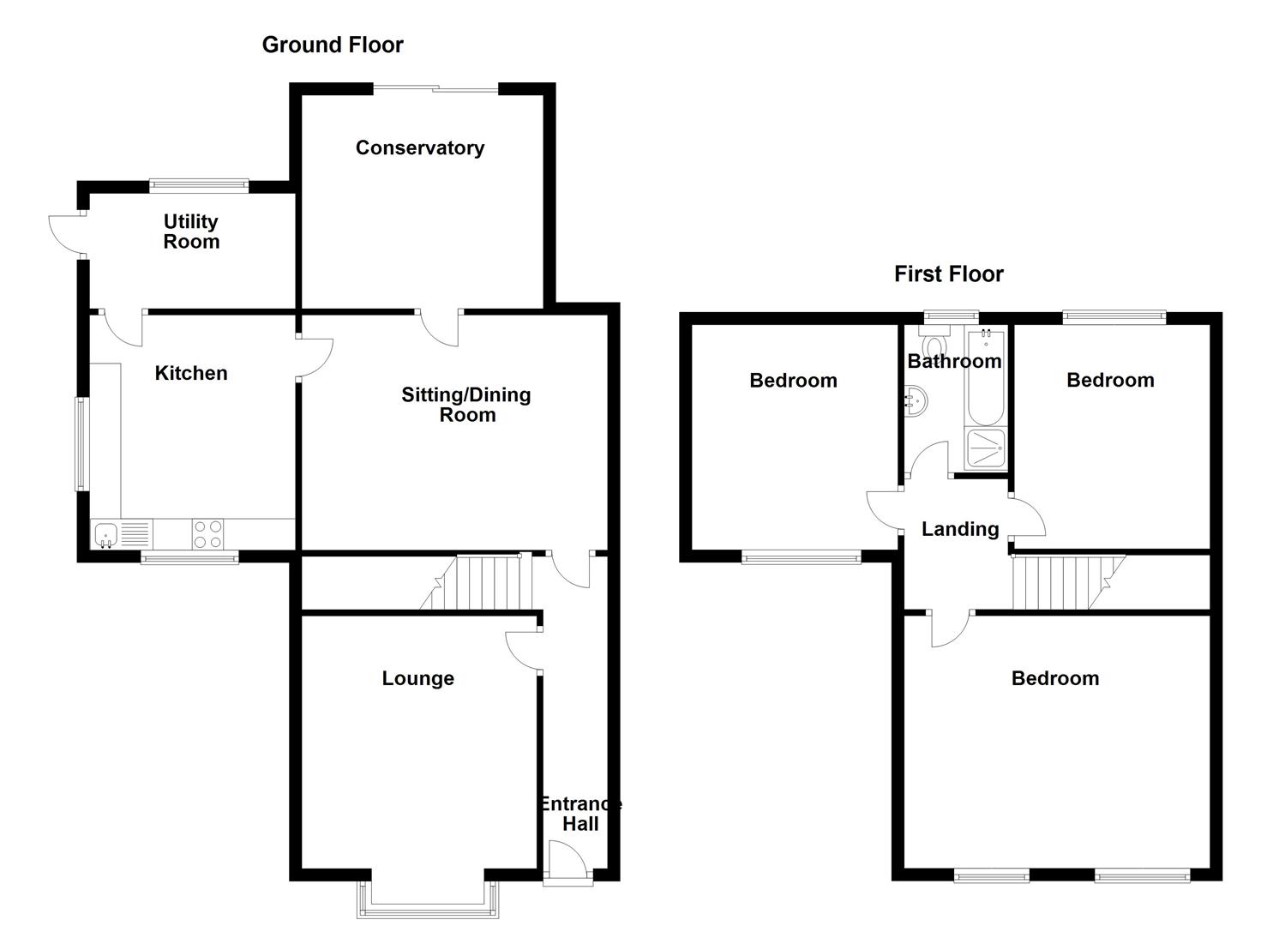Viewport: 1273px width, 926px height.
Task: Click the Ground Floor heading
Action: click(333, 45)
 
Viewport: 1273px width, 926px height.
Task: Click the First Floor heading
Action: click(948, 274)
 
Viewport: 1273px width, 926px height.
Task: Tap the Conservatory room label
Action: click(419, 147)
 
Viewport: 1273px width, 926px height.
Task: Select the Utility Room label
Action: click(191, 231)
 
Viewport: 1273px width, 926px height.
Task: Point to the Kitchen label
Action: click(191, 373)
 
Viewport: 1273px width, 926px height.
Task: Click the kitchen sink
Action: click(106, 535)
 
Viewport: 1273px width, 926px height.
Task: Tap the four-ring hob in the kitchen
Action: click(207, 535)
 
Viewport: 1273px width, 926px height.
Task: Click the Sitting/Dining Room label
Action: click(467, 405)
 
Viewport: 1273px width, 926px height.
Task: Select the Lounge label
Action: click(417, 678)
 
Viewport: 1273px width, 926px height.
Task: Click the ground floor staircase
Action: click(484, 583)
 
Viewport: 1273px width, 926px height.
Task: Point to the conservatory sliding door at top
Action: click(435, 87)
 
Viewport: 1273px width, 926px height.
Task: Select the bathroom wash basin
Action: click(914, 400)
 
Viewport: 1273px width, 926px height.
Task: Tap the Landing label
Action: click(960, 529)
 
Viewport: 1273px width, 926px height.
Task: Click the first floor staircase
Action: click(1063, 583)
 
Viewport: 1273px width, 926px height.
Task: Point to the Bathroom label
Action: click(954, 361)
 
